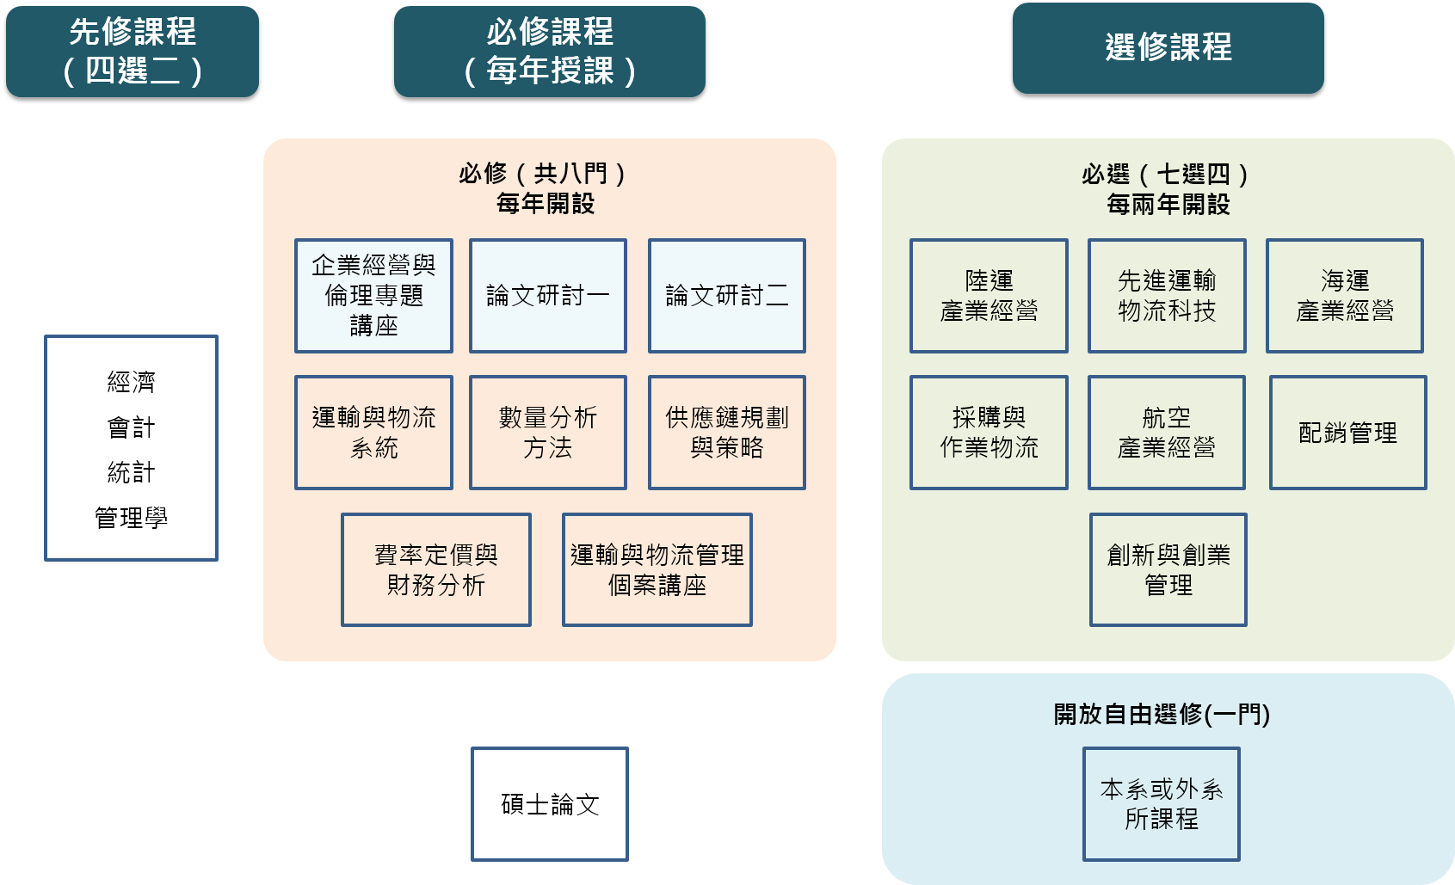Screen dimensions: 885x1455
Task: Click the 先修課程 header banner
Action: pos(133,52)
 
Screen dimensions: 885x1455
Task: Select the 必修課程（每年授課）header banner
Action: pos(549,52)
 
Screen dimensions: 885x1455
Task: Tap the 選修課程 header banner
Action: pos(1168,48)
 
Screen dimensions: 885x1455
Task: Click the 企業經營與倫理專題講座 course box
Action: pos(373,296)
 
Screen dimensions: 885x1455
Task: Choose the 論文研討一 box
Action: pos(547,296)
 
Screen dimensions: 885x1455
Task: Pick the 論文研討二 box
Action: pos(726,296)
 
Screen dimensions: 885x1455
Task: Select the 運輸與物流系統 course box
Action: pos(373,433)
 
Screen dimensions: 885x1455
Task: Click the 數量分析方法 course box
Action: pos(547,433)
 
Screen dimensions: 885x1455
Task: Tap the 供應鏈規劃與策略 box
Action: pos(726,433)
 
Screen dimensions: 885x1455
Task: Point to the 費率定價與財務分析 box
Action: pos(435,570)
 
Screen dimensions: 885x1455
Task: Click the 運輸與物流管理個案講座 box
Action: pos(657,570)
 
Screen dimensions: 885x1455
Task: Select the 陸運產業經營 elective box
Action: pos(989,296)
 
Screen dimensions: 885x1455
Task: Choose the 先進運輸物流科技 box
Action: pos(1167,296)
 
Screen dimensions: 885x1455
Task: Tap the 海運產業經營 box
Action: pos(1344,296)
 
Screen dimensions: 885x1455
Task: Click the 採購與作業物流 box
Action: pos(989,433)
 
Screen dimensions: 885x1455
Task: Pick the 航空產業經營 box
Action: pos(1166,433)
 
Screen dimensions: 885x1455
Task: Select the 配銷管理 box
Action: pos(1347,433)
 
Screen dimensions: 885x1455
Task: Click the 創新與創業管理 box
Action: pos(1168,570)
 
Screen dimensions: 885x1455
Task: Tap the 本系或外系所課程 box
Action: pos(1161,804)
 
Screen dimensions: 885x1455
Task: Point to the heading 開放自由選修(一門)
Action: pos(1162,714)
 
